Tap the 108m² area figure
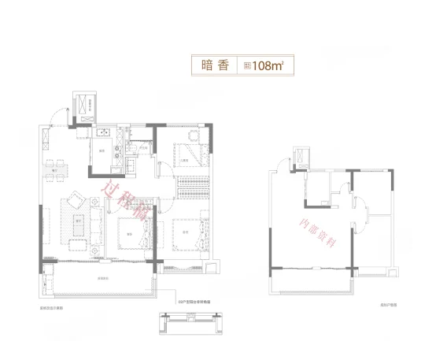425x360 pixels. click(x=263, y=66)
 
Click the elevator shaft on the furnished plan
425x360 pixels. click(x=82, y=103)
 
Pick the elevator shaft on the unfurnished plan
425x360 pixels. click(x=301, y=157)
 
